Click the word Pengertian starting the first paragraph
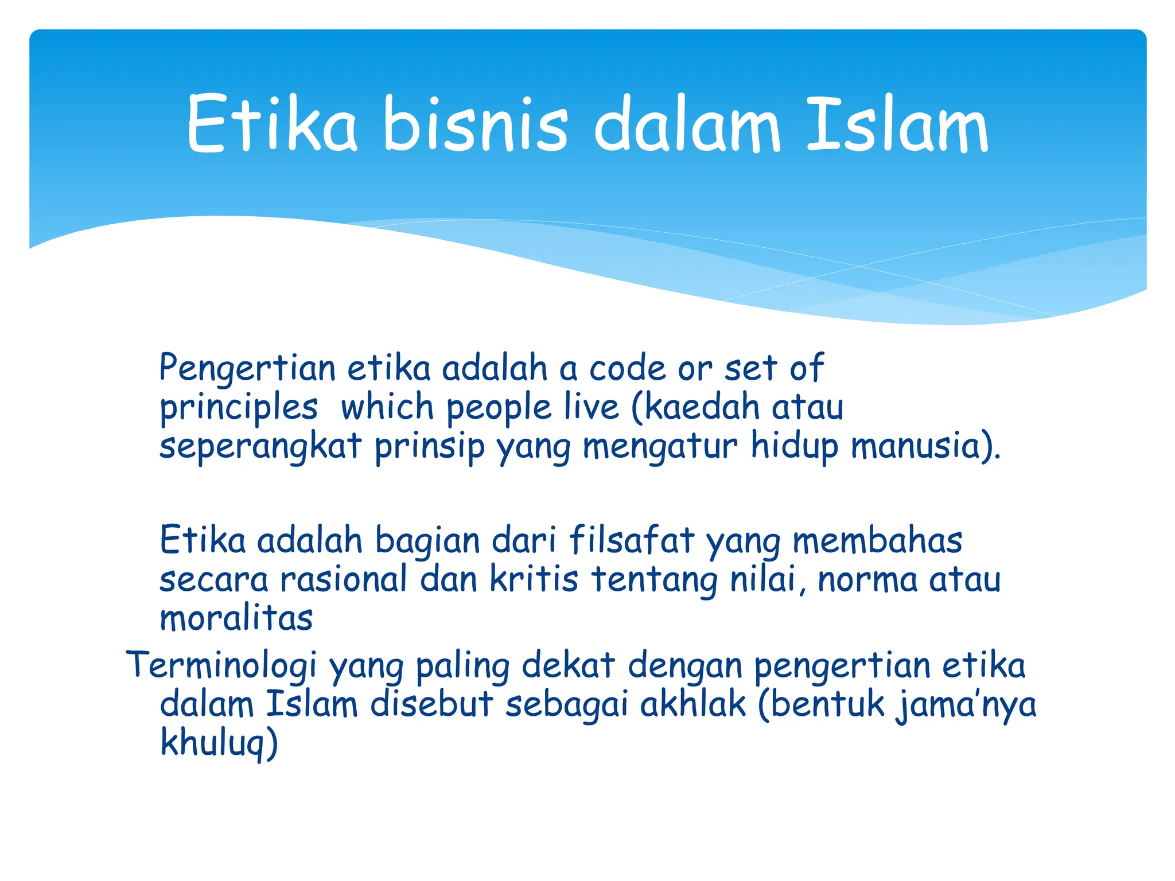coord(247,369)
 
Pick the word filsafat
coord(631,541)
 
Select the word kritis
coord(534,579)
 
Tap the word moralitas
coord(236,618)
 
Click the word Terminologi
coord(221,666)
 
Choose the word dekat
coord(568,666)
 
